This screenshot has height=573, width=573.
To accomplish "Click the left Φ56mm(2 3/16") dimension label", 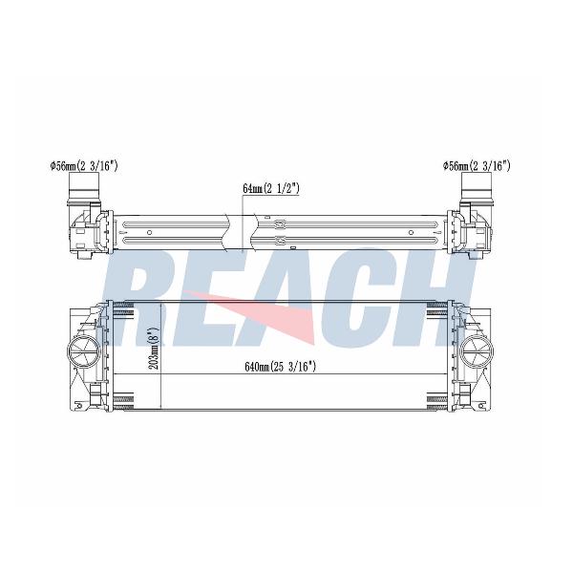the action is tap(84, 166).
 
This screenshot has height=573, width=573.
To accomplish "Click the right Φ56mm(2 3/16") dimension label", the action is tap(477, 166).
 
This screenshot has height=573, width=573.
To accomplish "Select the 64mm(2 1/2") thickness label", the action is tap(271, 188).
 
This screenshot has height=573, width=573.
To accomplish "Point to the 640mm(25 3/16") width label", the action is tap(280, 366).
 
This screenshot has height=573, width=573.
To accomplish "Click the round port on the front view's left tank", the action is tap(83, 351).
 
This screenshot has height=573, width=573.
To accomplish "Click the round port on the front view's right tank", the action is tap(477, 351).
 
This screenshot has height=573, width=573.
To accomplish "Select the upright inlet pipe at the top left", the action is tap(84, 187).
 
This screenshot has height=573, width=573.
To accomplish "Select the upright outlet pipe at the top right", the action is tap(476, 187).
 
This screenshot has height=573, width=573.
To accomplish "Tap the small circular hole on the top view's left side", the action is tap(149, 232).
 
